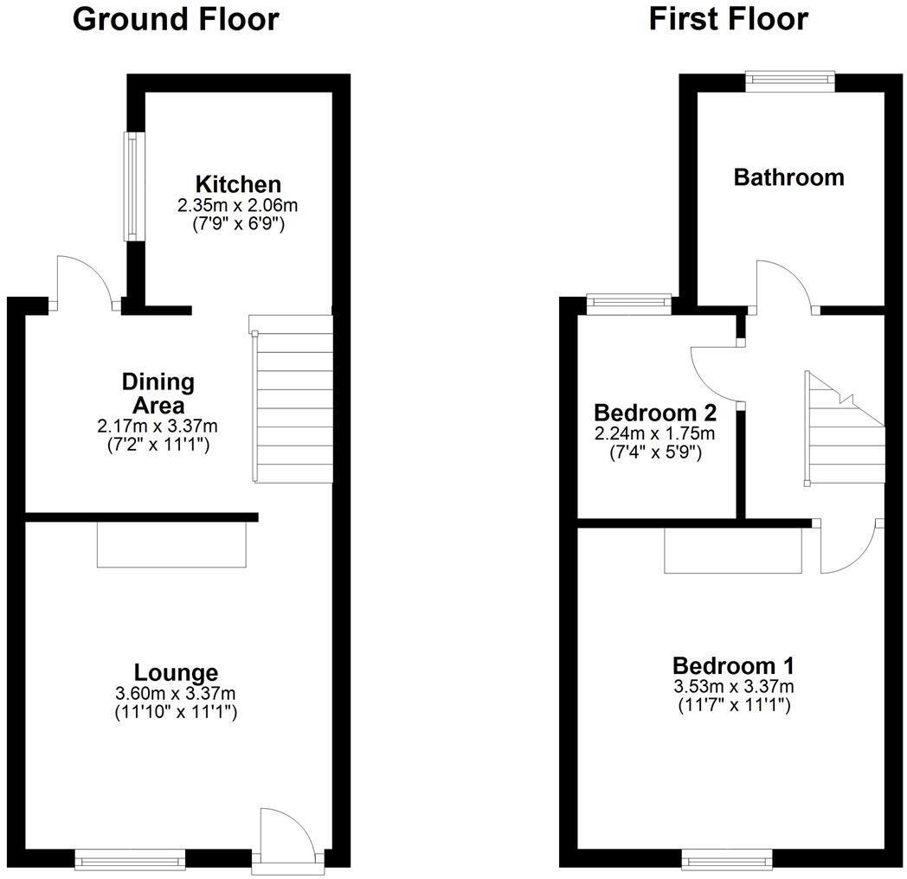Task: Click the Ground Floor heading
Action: [176, 19]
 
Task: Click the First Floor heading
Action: [728, 19]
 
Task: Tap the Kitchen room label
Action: [238, 184]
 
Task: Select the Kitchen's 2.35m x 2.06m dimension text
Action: [238, 206]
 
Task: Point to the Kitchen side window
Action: [131, 186]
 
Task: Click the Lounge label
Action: [176, 672]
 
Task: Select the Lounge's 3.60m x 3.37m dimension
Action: [176, 694]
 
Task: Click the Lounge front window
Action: [130, 859]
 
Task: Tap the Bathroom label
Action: [788, 177]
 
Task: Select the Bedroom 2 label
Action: [653, 412]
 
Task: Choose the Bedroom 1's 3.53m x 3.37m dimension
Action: [733, 687]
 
